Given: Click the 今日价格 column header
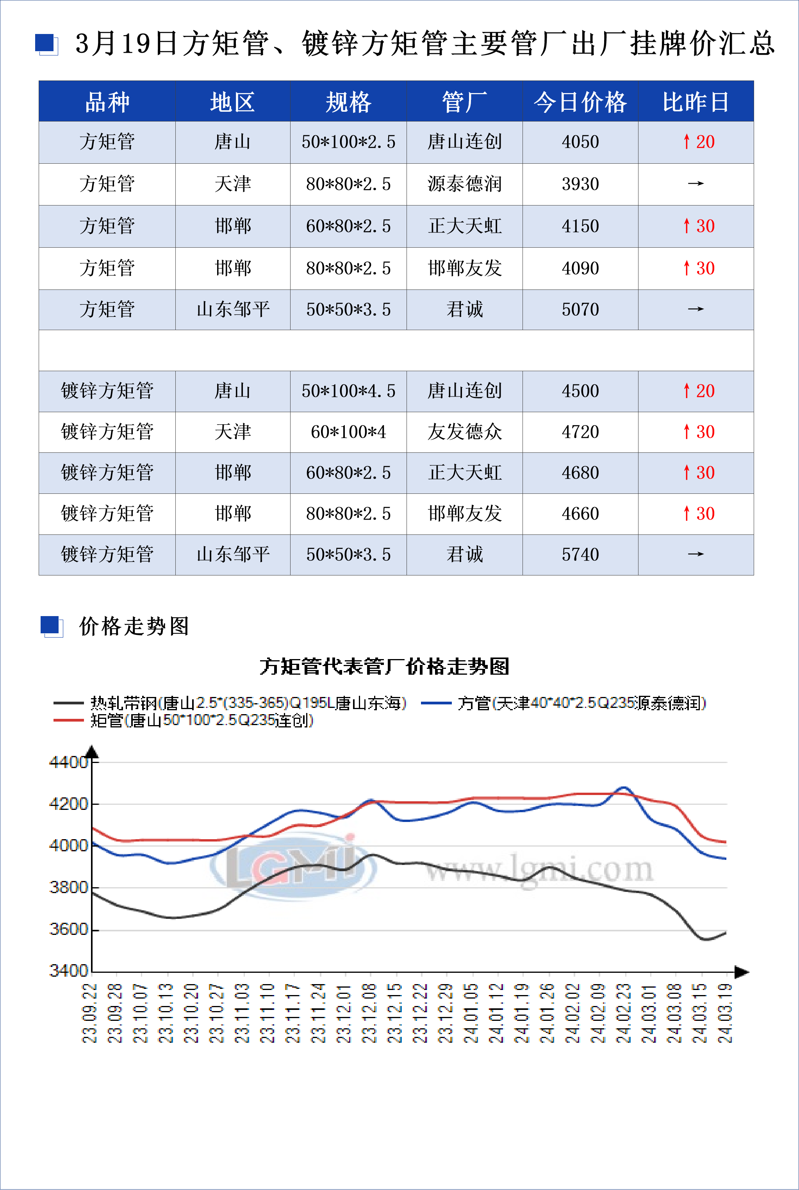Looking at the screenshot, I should [580, 102].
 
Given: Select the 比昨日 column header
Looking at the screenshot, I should [696, 102].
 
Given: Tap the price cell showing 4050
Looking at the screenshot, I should [580, 142].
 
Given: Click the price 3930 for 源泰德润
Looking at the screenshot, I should [580, 184].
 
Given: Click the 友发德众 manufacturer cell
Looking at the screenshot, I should [464, 432].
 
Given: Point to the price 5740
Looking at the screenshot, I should [580, 554].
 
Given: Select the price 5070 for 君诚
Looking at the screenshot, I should [580, 309].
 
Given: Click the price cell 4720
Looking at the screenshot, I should [580, 432].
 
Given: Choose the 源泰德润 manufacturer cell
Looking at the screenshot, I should [464, 184].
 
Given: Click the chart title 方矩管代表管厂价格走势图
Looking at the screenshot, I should [384, 666].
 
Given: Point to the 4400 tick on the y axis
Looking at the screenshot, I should [68, 763].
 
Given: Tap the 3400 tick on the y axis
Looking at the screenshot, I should [68, 970].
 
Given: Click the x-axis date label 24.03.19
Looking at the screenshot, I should [725, 1013].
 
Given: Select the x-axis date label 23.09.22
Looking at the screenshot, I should [90, 1013].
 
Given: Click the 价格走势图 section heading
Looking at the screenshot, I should [134, 626].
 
